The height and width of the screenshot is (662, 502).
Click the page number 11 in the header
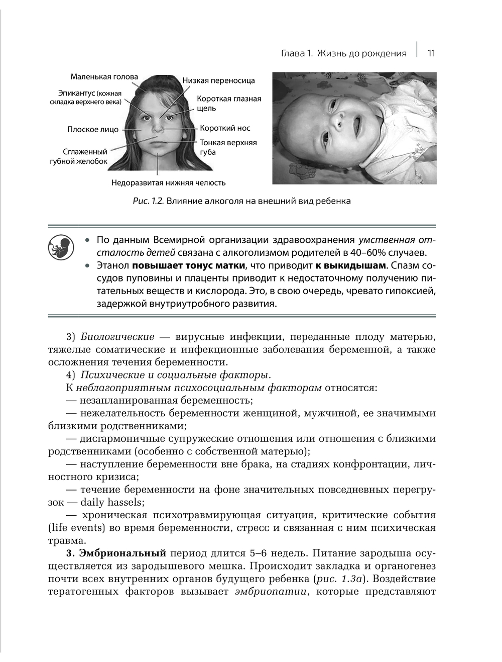pos(431,53)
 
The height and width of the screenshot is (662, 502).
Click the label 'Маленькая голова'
pos(104,77)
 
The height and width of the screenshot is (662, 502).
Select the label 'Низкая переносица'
pos(218,80)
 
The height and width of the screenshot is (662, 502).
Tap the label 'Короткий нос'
pos(225,128)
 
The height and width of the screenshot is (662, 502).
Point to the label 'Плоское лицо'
pos(93,130)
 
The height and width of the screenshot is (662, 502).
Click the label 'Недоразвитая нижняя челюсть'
pos(168,183)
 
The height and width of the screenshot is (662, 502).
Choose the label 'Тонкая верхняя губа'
pos(228,147)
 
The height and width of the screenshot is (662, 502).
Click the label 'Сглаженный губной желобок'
pos(79,156)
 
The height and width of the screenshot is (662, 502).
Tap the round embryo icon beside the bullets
pos(61,247)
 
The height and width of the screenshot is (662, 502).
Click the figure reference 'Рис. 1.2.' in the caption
pos(149,202)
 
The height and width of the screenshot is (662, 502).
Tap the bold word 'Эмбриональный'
pos(123,553)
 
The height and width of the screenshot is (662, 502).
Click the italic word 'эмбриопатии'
pos(271,592)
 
